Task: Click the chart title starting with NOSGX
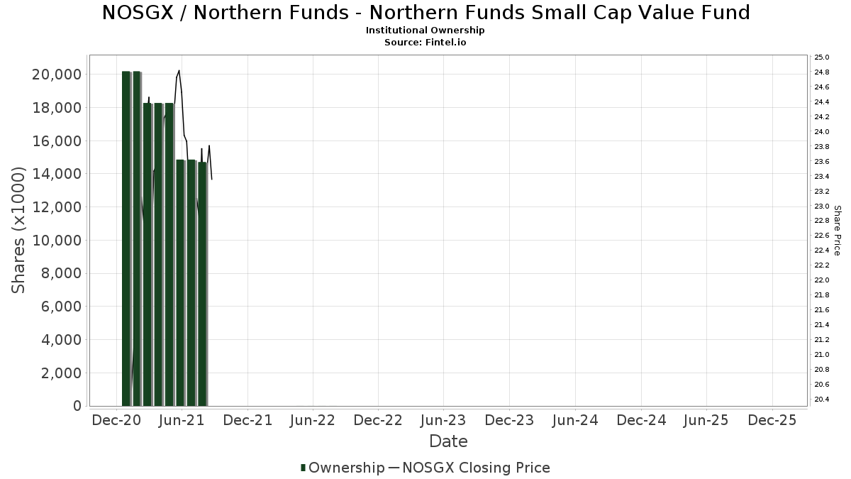tap(425, 13)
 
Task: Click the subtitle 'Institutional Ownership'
tap(425, 31)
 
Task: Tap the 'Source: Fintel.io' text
tap(425, 43)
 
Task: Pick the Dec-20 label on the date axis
tap(116, 421)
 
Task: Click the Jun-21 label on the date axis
tap(182, 421)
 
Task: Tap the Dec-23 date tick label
tap(509, 421)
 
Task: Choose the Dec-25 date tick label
tap(772, 421)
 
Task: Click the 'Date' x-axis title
tap(448, 441)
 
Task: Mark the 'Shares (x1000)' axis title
tap(19, 230)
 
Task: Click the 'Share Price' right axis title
tap(837, 230)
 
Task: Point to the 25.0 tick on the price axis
tap(822, 57)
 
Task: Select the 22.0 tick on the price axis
tap(822, 280)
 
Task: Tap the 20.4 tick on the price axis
tap(822, 400)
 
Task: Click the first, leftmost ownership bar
tap(126, 238)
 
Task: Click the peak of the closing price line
tap(179, 71)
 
